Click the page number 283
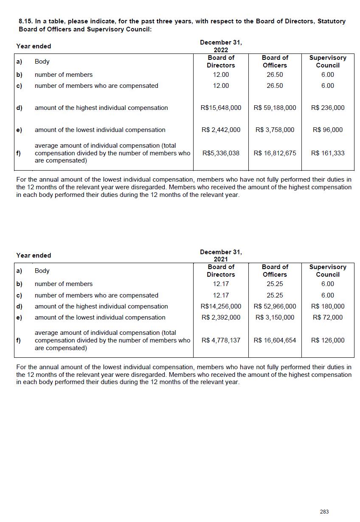(x=324, y=511)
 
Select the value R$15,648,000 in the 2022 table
(x=221, y=108)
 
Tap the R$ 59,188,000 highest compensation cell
(x=275, y=108)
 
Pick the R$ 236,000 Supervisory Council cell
(x=328, y=108)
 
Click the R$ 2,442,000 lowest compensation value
(x=221, y=130)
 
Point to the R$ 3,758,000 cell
(x=275, y=130)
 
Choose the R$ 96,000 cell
(x=328, y=130)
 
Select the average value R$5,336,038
(x=221, y=153)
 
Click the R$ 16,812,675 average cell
(x=275, y=153)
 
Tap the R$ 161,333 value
(x=328, y=153)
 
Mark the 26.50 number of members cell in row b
(x=275, y=75)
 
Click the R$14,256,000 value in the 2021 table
(x=221, y=306)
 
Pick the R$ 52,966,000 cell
(x=275, y=306)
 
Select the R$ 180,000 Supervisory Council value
(x=328, y=306)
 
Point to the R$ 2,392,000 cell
(x=221, y=317)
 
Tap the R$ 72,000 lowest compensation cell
(x=328, y=317)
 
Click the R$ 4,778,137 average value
(x=221, y=340)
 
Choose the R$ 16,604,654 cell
(x=275, y=340)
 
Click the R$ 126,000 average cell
(x=328, y=340)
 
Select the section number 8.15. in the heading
(x=26, y=21)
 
